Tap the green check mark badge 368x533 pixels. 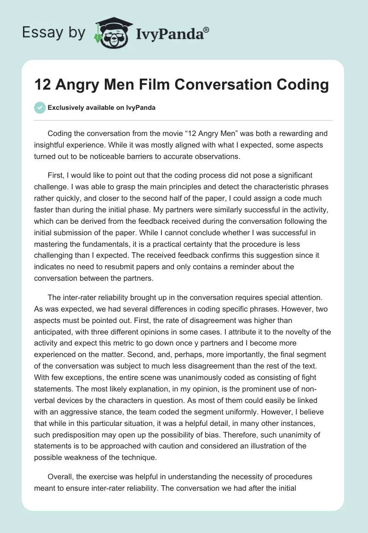click(x=40, y=108)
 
